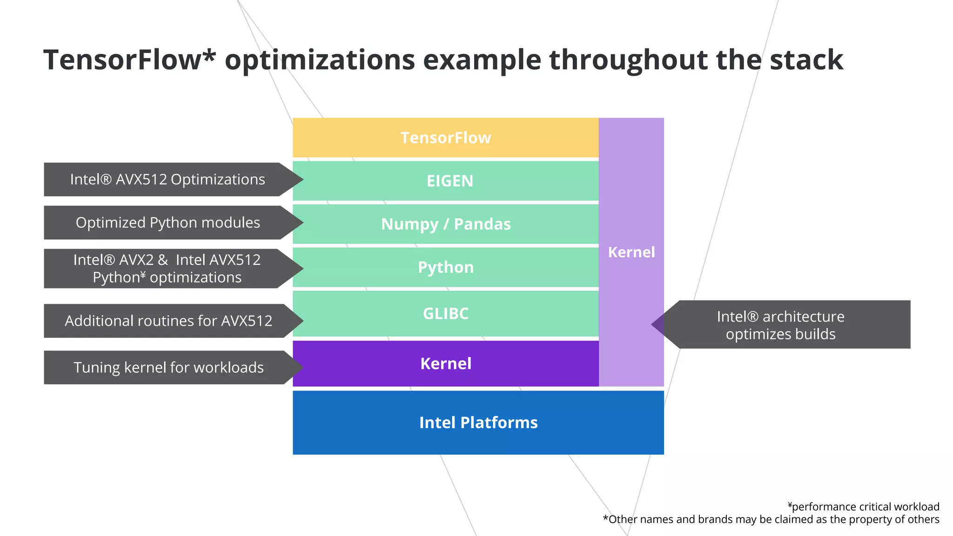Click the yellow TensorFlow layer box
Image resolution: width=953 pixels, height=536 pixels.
click(x=445, y=138)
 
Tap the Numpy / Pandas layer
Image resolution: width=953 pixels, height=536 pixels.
click(x=445, y=224)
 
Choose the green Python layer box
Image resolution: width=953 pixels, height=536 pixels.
click(x=445, y=267)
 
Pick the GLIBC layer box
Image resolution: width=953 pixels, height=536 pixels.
click(x=445, y=314)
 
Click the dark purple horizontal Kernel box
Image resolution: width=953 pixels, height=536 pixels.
click(x=445, y=363)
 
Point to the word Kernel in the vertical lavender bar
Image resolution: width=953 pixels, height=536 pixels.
click(x=631, y=252)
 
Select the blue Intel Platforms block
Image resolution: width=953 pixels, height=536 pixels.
click(x=478, y=422)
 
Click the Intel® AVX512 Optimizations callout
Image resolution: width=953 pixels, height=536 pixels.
click(x=168, y=180)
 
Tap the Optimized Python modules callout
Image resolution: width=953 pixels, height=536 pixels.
click(x=168, y=222)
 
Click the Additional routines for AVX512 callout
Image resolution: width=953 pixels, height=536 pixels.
click(x=168, y=321)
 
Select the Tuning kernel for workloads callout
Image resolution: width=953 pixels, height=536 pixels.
click(x=168, y=368)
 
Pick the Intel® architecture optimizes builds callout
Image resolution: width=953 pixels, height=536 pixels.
click(x=780, y=325)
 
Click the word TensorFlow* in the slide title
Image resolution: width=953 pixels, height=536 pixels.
click(x=129, y=60)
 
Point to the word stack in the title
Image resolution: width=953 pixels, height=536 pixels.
click(x=806, y=60)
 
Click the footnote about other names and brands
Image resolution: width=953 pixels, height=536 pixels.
click(x=771, y=519)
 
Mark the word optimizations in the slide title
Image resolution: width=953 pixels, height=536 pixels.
click(x=320, y=60)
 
